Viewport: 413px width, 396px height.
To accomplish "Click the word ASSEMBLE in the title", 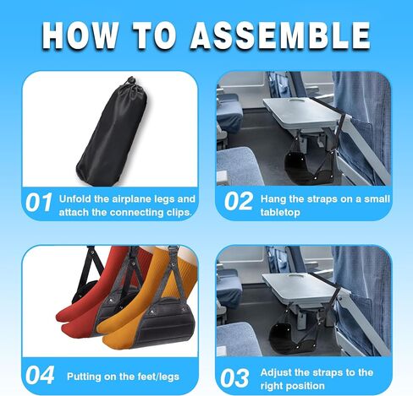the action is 280,35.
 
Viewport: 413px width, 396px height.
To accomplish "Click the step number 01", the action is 39,203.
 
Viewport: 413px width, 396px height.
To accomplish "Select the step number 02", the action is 239,201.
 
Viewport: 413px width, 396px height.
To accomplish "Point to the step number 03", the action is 234,378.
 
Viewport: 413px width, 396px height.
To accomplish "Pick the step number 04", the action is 40,375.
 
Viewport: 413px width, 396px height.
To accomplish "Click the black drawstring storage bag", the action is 113,133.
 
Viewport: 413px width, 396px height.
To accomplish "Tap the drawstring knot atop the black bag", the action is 130,82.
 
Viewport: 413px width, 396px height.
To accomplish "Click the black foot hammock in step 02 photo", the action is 310,167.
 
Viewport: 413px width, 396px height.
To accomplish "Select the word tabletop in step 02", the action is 280,213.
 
